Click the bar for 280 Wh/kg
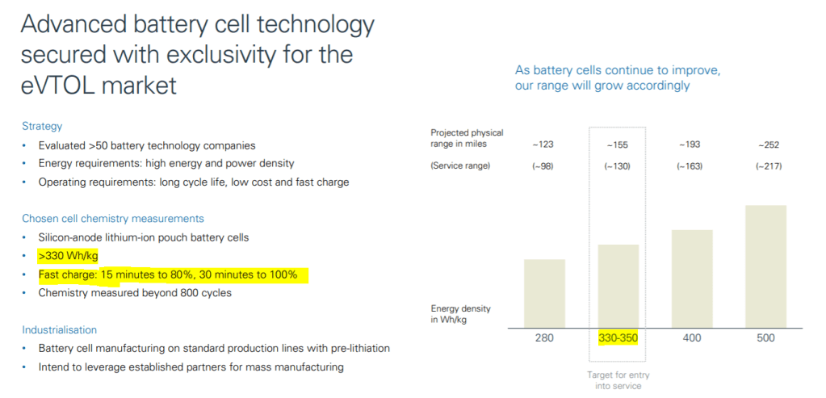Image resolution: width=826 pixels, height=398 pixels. tap(543, 294)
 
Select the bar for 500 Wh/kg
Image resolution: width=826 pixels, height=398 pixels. tap(765, 266)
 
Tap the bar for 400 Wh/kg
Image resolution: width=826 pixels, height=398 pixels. tap(691, 279)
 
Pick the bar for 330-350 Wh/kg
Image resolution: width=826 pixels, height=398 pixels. tap(618, 287)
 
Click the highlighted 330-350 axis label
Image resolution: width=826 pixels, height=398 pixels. tap(618, 337)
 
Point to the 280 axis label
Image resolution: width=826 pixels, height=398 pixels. tap(543, 337)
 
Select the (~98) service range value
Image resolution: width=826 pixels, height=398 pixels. tap(543, 166)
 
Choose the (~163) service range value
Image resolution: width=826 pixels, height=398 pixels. tap(691, 166)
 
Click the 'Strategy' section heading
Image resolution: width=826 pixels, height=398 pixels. tap(42, 127)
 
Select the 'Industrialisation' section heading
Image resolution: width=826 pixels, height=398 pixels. tap(59, 330)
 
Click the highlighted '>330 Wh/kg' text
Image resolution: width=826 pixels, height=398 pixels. tap(68, 256)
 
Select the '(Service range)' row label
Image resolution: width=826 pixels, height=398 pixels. tap(461, 166)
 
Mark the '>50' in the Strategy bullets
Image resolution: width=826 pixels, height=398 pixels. tap(105, 145)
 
